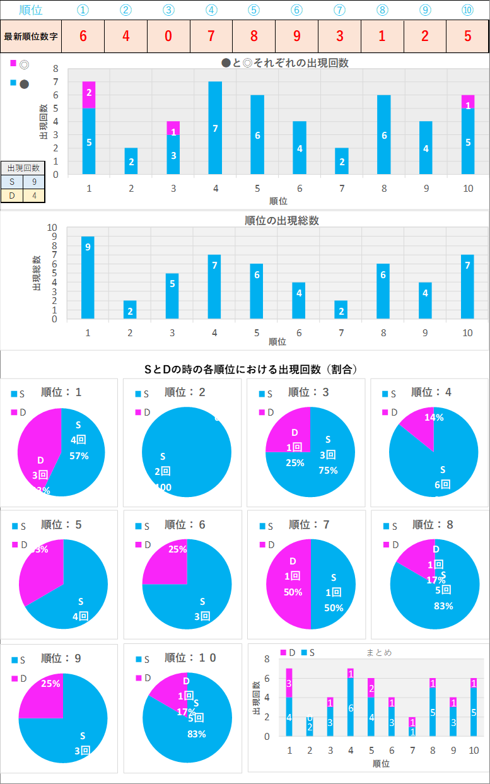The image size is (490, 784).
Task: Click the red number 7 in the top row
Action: pos(211,35)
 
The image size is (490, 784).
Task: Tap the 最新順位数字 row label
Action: pos(32,36)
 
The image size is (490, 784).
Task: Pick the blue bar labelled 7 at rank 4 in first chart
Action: pos(215,127)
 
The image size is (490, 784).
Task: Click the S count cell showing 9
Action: pos(34,182)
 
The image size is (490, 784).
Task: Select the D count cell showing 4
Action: pos(34,196)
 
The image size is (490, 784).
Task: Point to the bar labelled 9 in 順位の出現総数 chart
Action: pos(88,278)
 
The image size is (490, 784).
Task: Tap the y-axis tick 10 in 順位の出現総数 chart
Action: pos(52,228)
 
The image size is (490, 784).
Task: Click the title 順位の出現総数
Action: pos(282,221)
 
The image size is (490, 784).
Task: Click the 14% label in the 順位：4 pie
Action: pos(434,418)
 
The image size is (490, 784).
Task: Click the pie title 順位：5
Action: pos(61,525)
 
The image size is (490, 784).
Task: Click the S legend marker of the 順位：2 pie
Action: pos(137,394)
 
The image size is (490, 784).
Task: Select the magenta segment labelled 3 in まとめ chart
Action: pos(289,682)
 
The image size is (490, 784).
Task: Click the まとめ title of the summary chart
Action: pos(379,652)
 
